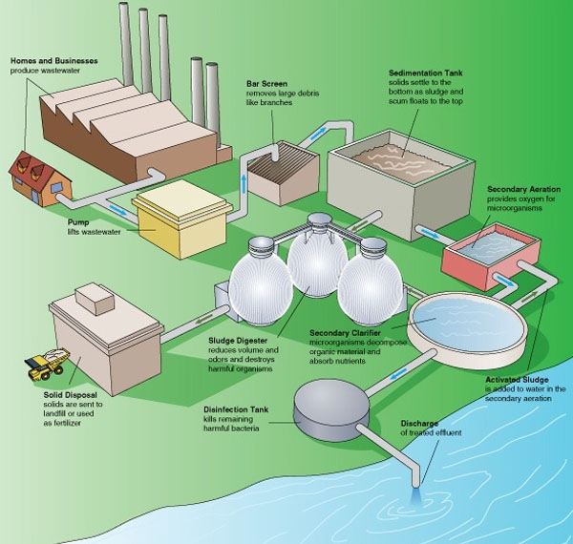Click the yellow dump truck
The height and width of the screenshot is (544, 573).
coord(47,364)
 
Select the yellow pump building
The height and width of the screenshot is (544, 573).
coord(181,219)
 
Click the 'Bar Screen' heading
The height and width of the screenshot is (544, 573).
coord(266,84)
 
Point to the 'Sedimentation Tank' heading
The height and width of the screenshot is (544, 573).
coord(426,73)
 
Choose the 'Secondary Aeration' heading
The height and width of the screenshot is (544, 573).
coord(523,189)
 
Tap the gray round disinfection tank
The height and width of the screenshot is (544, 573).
coord(331,408)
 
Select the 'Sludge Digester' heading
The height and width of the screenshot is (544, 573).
coord(238,341)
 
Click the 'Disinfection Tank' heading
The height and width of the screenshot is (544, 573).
coord(236,409)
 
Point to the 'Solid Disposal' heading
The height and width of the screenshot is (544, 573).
coord(70,395)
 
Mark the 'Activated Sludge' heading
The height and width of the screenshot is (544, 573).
coord(517,380)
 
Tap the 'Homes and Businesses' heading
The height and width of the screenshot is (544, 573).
coord(54,61)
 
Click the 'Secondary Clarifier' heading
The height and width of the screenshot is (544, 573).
coord(345,333)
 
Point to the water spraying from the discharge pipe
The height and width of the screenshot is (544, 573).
coord(415,496)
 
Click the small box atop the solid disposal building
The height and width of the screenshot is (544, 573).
coord(95,299)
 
